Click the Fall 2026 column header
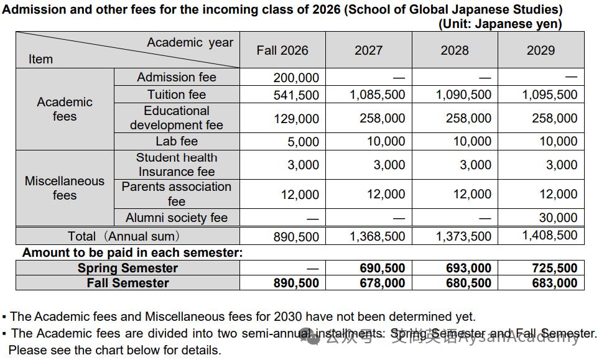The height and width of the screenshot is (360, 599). tap(282, 50)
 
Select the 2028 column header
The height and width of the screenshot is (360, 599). tap(455, 50)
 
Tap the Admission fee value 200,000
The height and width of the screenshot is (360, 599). tap(296, 78)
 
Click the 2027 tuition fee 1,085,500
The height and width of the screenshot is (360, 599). tap(378, 95)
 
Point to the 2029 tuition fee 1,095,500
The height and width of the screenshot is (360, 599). tap(550, 95)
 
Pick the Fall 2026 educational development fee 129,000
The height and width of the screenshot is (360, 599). tap(296, 119)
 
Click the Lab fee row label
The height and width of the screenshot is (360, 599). tap(177, 141)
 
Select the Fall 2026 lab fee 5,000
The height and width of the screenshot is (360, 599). tap(304, 142)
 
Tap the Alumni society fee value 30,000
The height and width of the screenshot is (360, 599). tap(558, 218)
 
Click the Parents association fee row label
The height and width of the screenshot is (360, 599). tap(177, 194)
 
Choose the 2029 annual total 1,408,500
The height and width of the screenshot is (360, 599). tap(550, 235)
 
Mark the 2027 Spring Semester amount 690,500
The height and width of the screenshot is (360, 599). tap(383, 268)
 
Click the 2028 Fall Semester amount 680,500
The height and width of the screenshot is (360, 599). tap(468, 283)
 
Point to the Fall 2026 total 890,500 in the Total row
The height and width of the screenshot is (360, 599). tap(296, 237)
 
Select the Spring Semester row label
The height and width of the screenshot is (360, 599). tap(128, 268)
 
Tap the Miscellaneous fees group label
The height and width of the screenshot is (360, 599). tap(65, 188)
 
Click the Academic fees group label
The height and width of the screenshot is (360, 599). tap(65, 109)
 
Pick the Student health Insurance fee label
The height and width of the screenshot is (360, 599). tap(177, 165)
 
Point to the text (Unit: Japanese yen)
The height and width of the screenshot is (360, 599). tap(500, 24)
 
